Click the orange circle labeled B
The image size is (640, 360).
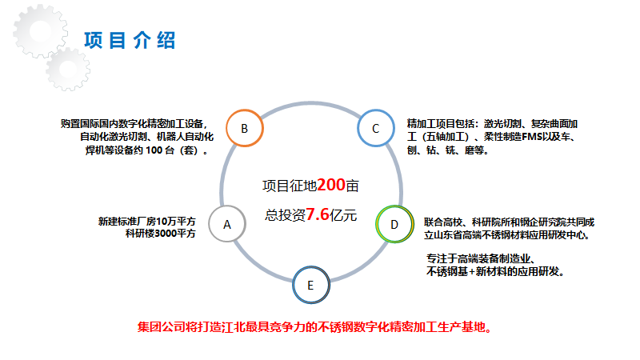(x=244, y=128)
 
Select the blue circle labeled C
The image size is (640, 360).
(x=375, y=128)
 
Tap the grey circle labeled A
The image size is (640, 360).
(x=226, y=224)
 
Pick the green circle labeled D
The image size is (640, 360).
(x=394, y=224)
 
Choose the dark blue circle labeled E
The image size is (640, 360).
(x=310, y=284)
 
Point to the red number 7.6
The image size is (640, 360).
(x=317, y=215)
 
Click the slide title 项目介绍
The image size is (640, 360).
(x=130, y=41)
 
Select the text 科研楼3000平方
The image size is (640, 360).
(x=159, y=234)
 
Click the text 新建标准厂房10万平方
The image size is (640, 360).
(x=146, y=222)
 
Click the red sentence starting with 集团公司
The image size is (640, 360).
(x=314, y=327)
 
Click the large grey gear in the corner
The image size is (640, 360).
(x=36, y=32)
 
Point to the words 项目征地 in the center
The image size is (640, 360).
(x=289, y=186)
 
